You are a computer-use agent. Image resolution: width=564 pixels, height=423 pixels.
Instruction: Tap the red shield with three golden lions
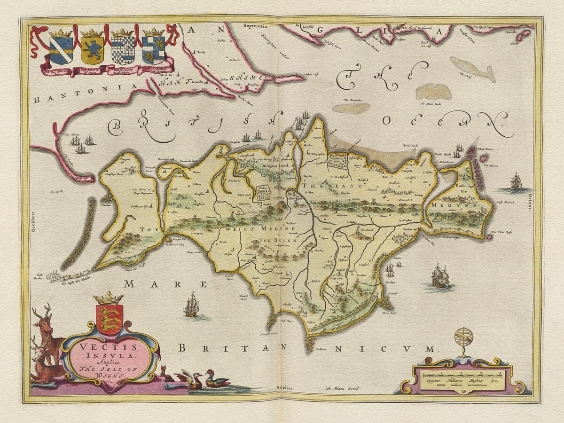click(x=109, y=319)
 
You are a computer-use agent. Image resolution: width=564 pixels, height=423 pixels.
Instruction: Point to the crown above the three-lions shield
click(x=109, y=298)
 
